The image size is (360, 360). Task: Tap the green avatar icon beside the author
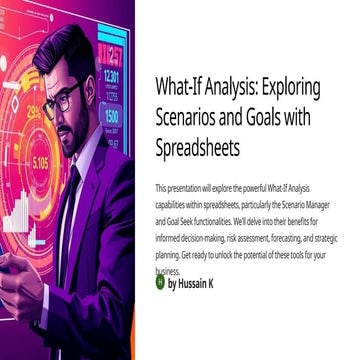[160, 283]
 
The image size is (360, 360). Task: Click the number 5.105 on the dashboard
[39, 162]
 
